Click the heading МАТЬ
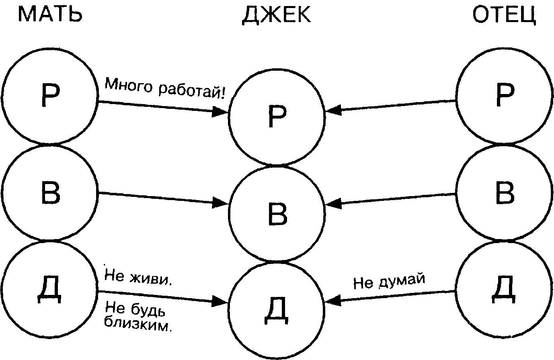(50, 14)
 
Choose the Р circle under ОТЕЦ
(504, 96)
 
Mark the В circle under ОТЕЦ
(504, 193)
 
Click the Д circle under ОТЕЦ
(504, 288)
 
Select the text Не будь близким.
(137, 317)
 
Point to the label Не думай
(389, 281)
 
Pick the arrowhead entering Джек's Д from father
(334, 300)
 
